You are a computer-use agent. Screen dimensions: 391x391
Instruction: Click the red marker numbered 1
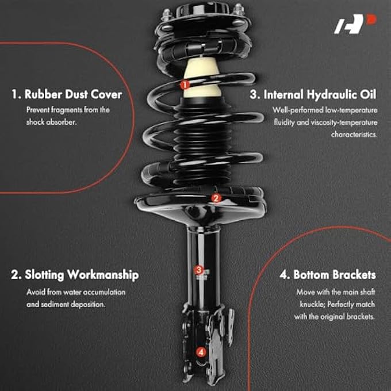(185, 84)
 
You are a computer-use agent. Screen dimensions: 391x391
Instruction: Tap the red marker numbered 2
(216, 198)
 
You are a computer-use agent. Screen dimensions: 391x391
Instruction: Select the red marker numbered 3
(198, 269)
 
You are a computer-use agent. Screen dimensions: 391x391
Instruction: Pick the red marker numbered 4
(200, 352)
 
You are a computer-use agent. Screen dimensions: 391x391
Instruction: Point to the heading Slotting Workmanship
(75, 275)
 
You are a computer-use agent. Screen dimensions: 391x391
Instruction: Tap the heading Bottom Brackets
(328, 275)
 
